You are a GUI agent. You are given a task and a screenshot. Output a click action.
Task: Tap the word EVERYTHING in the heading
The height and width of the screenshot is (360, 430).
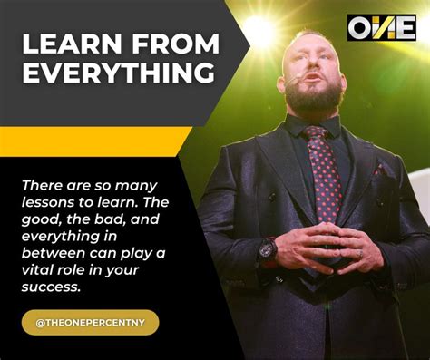click(x=119, y=73)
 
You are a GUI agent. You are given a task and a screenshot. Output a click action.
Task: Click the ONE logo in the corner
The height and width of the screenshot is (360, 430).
click(x=381, y=27)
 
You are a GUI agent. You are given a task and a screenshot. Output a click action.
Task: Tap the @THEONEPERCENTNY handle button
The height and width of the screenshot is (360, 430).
click(x=91, y=322)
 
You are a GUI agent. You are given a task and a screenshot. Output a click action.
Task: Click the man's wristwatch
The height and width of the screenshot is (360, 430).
click(x=267, y=248)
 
